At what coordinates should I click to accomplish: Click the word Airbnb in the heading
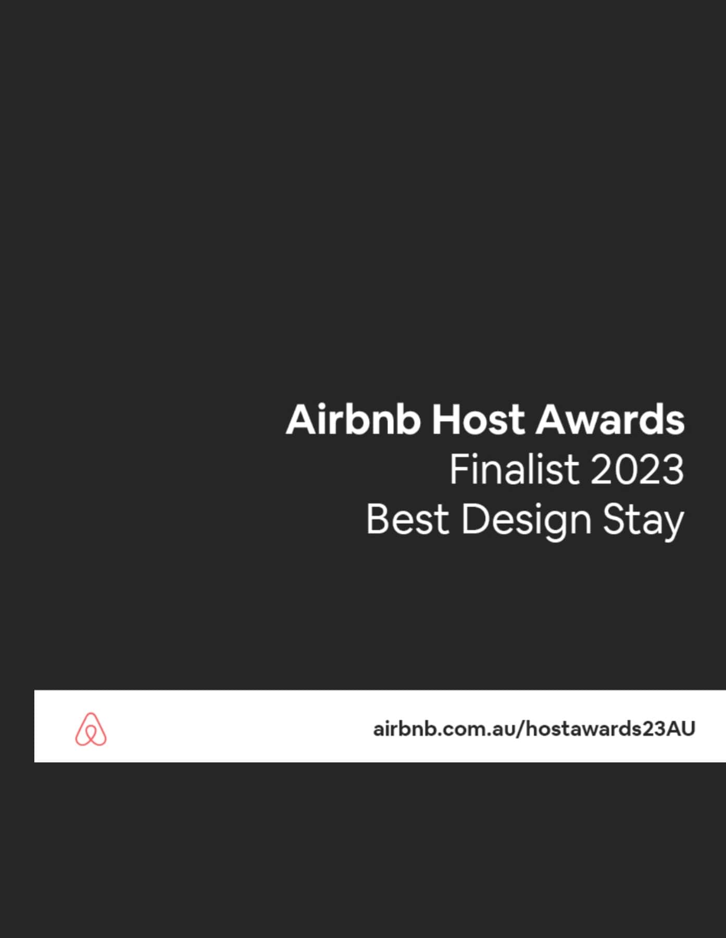353,419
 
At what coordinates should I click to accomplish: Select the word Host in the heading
478,420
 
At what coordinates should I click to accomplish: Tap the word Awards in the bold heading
610,419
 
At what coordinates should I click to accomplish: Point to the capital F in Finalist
460,469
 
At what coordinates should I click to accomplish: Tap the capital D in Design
474,519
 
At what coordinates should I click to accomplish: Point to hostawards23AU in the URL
610,729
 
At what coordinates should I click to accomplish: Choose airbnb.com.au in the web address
443,729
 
